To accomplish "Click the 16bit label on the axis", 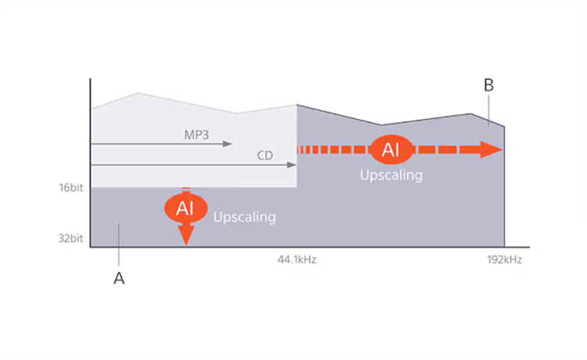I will (70, 189).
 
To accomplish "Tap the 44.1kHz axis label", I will (297, 259).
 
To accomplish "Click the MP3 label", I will (196, 135).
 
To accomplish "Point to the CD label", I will (265, 155).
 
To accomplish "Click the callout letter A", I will (119, 279).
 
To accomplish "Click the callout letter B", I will (488, 85).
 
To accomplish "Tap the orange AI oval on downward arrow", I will (185, 208).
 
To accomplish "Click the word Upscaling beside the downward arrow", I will (244, 217).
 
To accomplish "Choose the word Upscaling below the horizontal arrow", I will (391, 175).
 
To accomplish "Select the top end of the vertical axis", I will (91, 80).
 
